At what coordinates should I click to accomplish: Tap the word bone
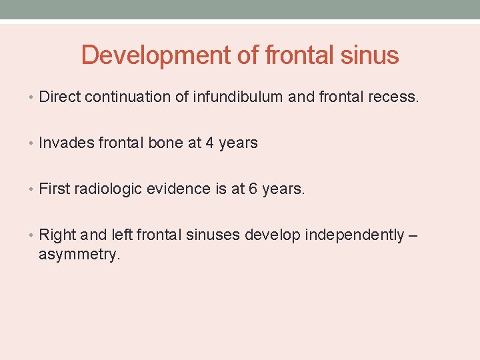(x=167, y=143)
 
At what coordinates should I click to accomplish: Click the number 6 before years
(x=253, y=189)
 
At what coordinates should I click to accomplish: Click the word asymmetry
(x=79, y=254)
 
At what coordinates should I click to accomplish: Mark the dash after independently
(x=413, y=235)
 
